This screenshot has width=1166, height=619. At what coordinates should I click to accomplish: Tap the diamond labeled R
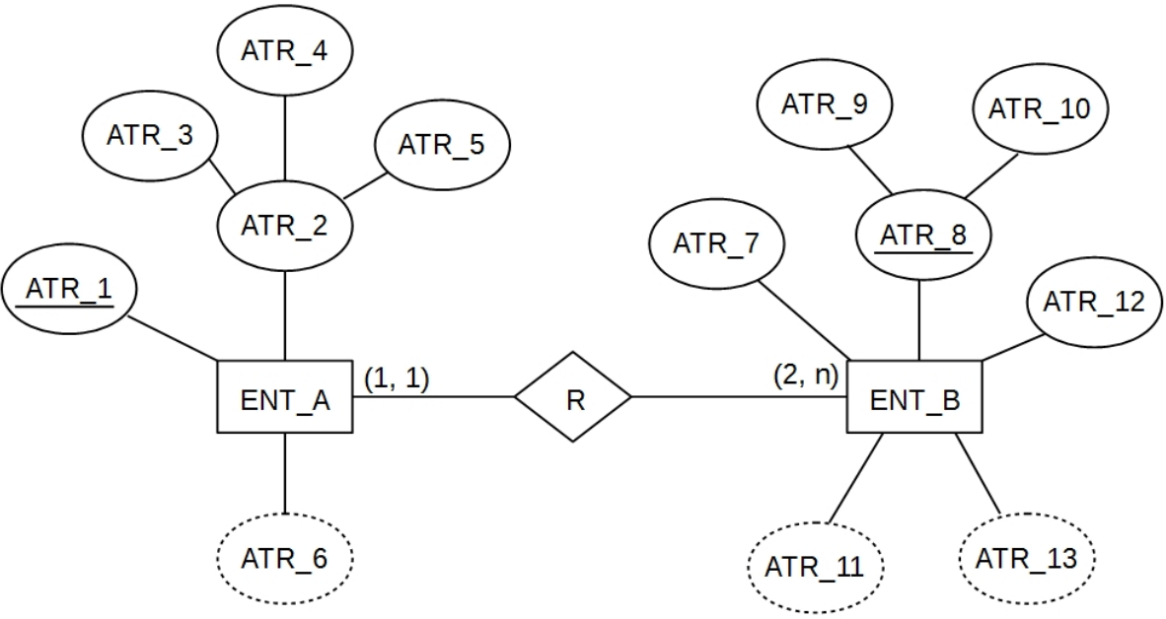(572, 396)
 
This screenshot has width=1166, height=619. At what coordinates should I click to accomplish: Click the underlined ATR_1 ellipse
(68, 291)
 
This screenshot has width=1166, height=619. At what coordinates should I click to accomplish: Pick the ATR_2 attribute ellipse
(284, 226)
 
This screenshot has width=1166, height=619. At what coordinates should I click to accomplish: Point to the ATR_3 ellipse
(150, 136)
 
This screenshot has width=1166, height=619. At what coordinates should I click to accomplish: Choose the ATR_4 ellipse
(284, 51)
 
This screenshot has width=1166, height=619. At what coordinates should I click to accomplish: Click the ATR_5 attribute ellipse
(441, 145)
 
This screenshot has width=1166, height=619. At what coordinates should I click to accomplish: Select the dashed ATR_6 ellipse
(284, 558)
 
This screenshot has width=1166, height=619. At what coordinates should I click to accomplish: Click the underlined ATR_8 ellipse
(923, 236)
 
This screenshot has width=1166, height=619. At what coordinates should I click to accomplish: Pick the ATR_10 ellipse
(1040, 107)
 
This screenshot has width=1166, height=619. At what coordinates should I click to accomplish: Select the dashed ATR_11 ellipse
(815, 567)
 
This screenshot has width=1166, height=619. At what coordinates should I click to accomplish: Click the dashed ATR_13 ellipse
(1026, 559)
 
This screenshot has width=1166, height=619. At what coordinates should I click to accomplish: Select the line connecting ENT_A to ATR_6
(284, 473)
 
